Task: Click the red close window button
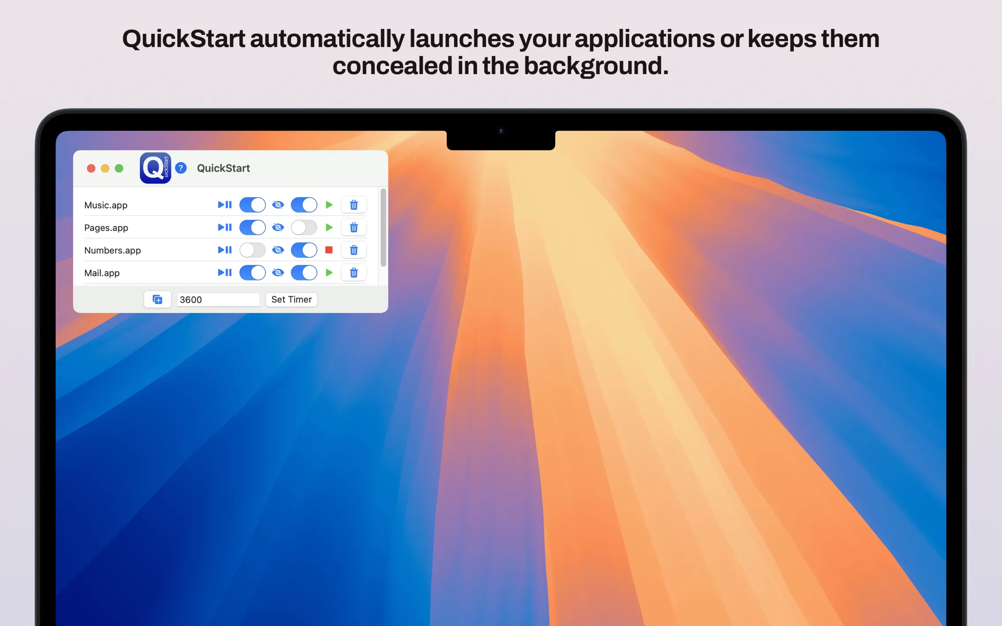pos(91,168)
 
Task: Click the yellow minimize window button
pos(105,168)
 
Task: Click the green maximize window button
pos(119,168)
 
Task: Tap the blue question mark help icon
pos(181,168)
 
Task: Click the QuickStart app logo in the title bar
pos(155,168)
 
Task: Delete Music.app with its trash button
pos(354,205)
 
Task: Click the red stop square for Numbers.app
pos(329,250)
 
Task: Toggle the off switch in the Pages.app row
pos(304,227)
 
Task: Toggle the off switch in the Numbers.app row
pos(252,250)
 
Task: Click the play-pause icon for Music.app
pos(224,205)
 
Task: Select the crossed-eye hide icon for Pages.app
pos(278,227)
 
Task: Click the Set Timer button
pos(291,299)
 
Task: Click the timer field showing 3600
pos(218,300)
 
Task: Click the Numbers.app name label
pos(112,250)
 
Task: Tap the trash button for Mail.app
pos(354,273)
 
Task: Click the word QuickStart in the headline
pos(183,39)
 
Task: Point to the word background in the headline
pos(595,66)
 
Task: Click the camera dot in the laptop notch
pos(501,131)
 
